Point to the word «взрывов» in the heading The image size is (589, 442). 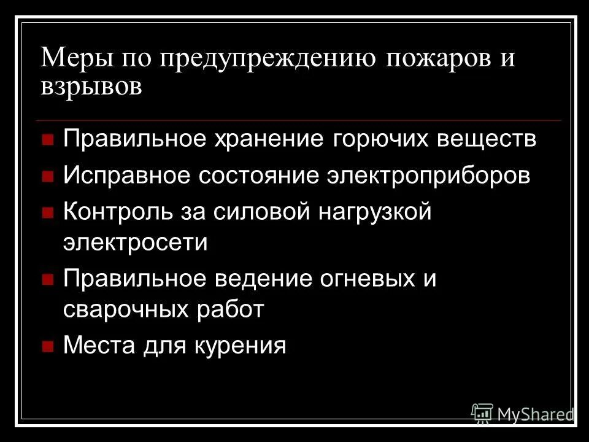tap(91, 87)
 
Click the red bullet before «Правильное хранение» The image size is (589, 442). tap(47, 139)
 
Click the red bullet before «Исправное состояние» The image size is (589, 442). tap(47, 177)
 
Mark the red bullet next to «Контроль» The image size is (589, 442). tap(47, 214)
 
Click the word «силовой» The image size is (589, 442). tap(266, 213)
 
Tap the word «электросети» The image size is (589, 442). tap(135, 242)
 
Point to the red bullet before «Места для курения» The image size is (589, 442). tap(47, 346)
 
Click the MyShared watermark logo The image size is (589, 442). tap(522, 414)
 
